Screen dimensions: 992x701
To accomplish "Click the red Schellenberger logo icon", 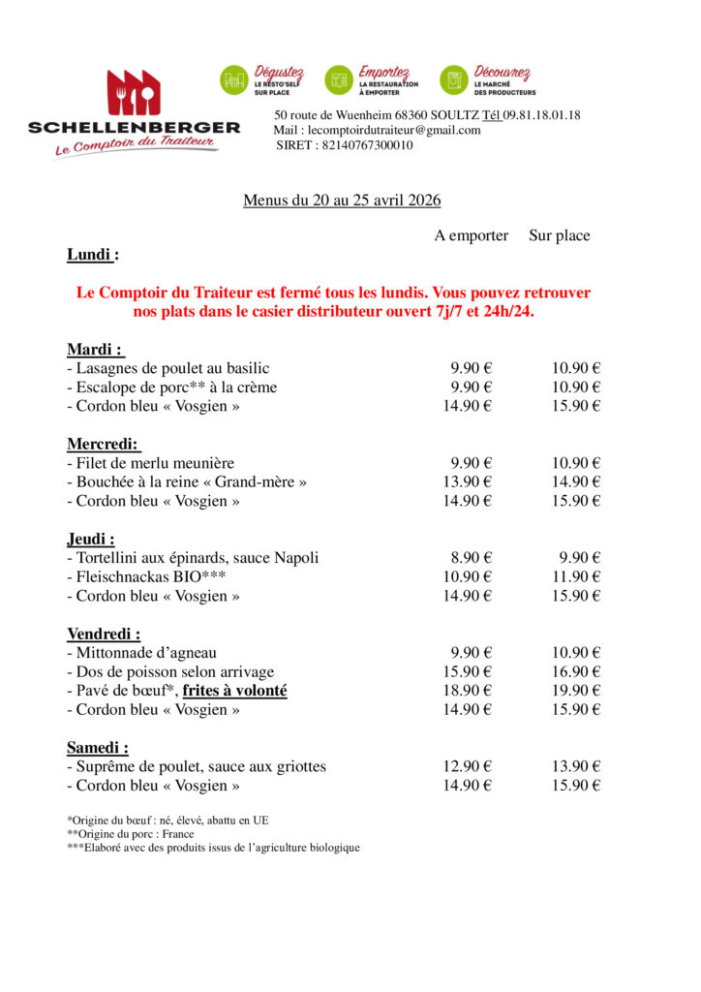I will tap(134, 93).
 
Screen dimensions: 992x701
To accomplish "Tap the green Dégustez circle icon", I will tap(234, 80).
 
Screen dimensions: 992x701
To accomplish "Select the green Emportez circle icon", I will tap(339, 80).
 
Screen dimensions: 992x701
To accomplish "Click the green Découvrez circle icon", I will tap(454, 80).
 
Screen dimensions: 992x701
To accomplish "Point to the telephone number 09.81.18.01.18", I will tap(543, 115).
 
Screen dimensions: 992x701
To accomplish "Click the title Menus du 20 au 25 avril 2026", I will tap(342, 201).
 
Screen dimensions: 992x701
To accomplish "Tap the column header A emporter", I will tap(472, 235).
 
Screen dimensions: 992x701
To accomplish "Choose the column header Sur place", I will tap(559, 235).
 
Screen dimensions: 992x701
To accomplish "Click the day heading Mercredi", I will tap(104, 445).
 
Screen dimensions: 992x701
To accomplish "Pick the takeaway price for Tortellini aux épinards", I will tap(472, 558).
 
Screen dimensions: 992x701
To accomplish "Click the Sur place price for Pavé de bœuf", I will tap(577, 691).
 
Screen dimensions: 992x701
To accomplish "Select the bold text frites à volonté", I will tap(235, 691).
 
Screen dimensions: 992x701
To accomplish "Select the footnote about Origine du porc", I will tap(131, 833).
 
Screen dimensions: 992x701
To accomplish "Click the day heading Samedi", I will tap(97, 748).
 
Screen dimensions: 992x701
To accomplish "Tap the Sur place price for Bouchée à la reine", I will tap(577, 482).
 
